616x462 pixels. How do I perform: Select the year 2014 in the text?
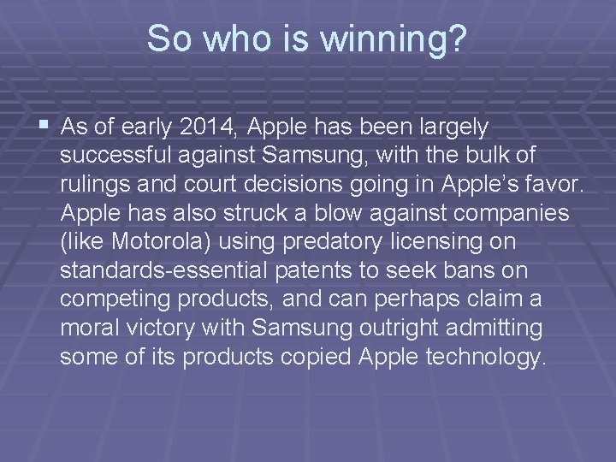pos(211,127)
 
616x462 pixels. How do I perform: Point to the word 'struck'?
pos(285,214)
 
